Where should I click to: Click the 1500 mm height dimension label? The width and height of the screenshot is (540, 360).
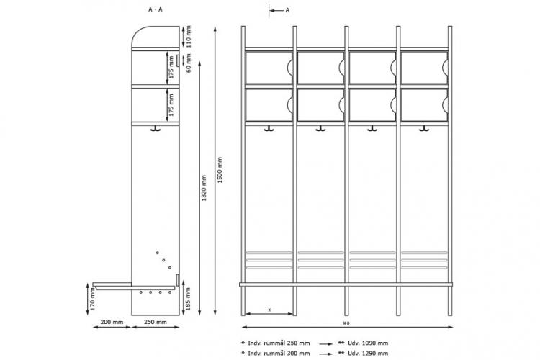(x=220, y=170)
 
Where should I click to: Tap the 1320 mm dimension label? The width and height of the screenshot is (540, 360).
(x=204, y=188)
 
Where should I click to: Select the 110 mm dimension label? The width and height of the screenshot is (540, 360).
(x=189, y=37)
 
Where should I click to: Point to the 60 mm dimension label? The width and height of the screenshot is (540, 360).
(x=189, y=63)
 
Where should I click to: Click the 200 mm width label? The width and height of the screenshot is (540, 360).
(x=112, y=322)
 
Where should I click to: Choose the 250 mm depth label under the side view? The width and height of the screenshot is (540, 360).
(x=156, y=322)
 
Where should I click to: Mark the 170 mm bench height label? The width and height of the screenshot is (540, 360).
(x=92, y=299)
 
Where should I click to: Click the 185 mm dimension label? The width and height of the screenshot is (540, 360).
(x=189, y=299)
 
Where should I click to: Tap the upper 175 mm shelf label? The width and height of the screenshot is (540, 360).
(x=171, y=67)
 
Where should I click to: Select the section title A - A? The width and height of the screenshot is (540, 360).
(x=156, y=9)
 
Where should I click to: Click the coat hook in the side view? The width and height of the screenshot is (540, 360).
(x=156, y=129)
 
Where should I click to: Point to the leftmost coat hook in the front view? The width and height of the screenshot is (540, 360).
(x=269, y=129)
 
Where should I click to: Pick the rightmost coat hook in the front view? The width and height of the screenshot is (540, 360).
(x=424, y=129)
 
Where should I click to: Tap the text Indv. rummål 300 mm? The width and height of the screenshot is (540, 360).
(x=279, y=354)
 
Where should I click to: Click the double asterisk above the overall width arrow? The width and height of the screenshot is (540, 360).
(x=346, y=324)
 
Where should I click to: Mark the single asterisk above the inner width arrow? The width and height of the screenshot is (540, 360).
(x=269, y=310)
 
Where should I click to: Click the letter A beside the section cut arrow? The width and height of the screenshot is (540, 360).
(x=287, y=10)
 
